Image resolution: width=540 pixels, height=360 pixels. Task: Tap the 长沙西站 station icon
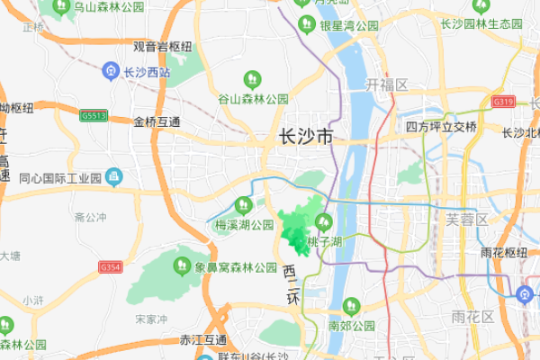[x=109, y=70]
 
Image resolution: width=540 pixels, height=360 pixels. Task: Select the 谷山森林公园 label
[x=252, y=99]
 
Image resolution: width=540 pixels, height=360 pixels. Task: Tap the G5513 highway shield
[x=93, y=116]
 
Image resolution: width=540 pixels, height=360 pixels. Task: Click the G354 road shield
[x=111, y=267]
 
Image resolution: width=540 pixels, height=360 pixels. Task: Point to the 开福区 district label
[x=387, y=85]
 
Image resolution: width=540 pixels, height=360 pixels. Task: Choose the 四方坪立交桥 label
[x=441, y=126]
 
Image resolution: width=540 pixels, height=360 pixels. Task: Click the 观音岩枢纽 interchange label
[x=163, y=46]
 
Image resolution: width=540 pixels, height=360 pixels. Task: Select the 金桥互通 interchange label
[x=157, y=121]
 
